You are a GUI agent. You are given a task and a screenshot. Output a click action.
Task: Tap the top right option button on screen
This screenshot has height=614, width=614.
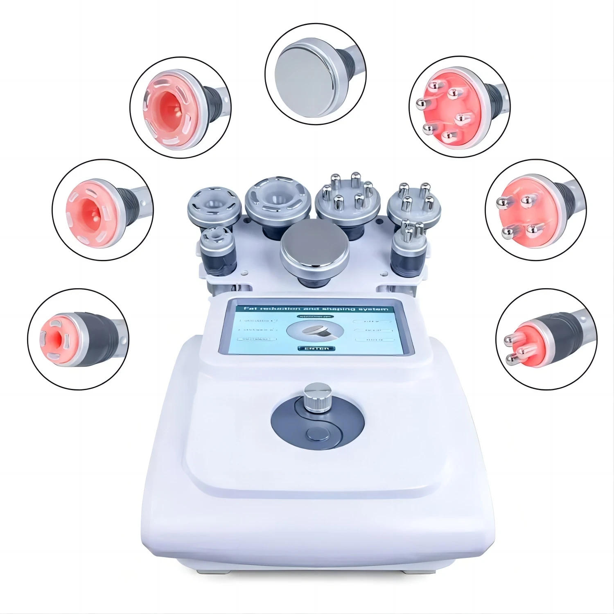pyautogui.click(x=373, y=321)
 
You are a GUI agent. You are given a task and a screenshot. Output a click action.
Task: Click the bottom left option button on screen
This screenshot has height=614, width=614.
pyautogui.click(x=257, y=339)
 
